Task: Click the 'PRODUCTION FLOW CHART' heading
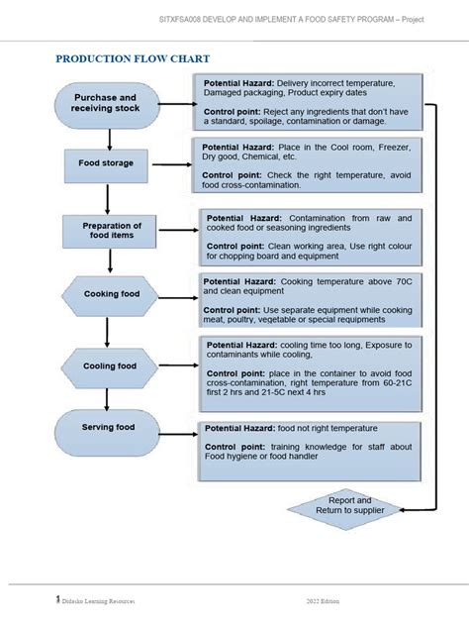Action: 132,59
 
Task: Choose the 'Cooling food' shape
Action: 109,365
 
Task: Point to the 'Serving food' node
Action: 109,428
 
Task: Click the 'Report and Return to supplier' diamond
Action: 342,506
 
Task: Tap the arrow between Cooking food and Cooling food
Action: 109,331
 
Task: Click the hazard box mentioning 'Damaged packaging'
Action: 310,103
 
